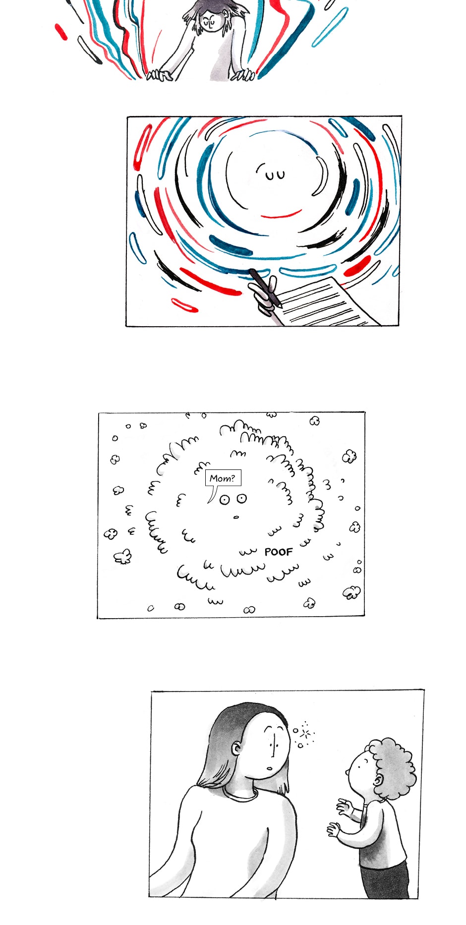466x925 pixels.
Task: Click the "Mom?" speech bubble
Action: (x=223, y=478)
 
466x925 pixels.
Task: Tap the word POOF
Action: (x=279, y=552)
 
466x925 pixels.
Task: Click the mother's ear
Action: (x=238, y=748)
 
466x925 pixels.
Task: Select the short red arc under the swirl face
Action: (x=281, y=215)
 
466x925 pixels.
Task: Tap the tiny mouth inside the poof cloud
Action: (x=236, y=518)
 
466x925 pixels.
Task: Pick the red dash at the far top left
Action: (x=61, y=32)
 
